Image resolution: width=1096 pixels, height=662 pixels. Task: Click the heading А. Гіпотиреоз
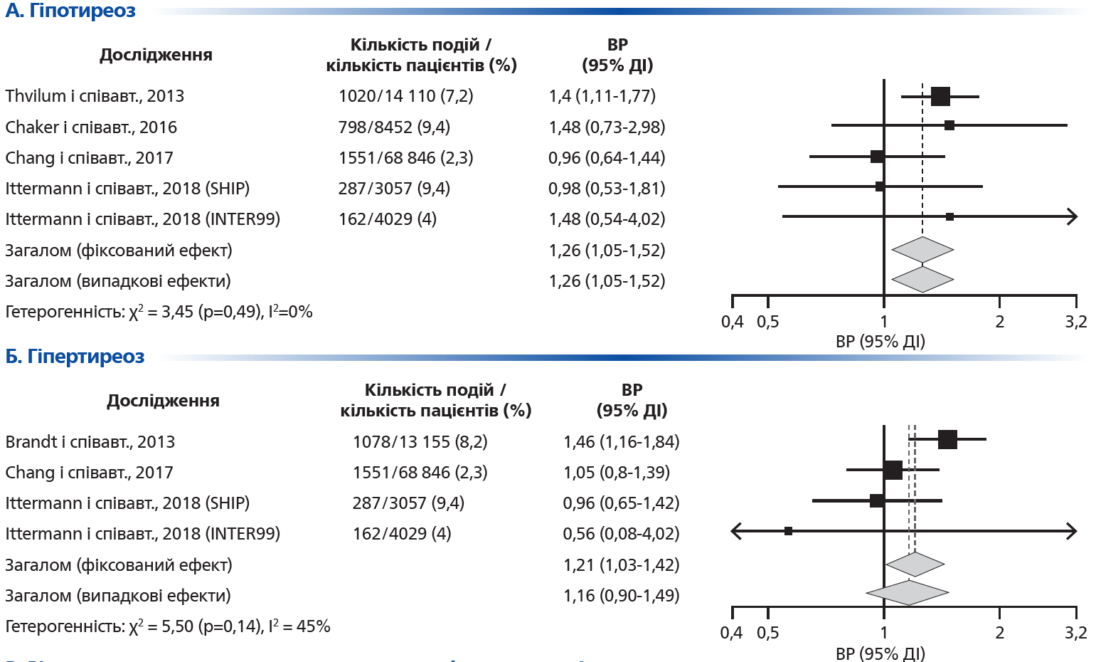(70, 11)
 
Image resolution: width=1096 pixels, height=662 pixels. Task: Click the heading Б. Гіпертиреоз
(75, 357)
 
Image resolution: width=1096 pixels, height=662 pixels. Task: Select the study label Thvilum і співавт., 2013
(95, 96)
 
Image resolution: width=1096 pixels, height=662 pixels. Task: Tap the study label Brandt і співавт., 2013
(90, 442)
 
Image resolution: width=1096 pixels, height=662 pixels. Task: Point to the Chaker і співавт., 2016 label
(91, 127)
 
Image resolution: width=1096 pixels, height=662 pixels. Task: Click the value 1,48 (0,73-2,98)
(607, 127)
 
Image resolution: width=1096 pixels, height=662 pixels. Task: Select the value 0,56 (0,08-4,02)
(621, 534)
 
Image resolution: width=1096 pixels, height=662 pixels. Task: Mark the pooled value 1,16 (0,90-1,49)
(621, 596)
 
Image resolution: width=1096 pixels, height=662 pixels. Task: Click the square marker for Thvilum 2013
(940, 96)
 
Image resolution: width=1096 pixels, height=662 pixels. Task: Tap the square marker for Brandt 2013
(947, 440)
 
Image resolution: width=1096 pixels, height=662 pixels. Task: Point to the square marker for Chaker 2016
(949, 125)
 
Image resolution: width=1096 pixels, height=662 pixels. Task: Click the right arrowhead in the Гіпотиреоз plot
(1073, 216)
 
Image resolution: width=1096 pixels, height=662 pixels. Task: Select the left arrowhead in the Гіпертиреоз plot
(737, 531)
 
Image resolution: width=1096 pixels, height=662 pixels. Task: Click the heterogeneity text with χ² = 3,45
(159, 312)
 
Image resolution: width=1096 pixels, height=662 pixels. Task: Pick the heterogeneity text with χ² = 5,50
(168, 626)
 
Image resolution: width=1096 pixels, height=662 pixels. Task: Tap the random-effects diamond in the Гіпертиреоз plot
(908, 592)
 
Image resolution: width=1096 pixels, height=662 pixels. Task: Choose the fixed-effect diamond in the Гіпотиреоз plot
(922, 250)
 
